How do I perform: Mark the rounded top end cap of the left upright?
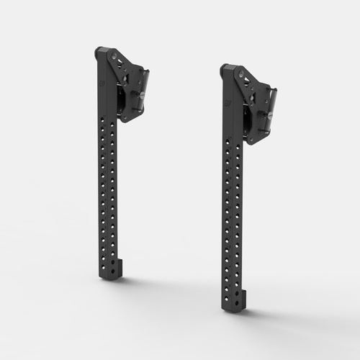[x=100, y=52]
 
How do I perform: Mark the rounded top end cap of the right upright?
[x=225, y=68]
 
